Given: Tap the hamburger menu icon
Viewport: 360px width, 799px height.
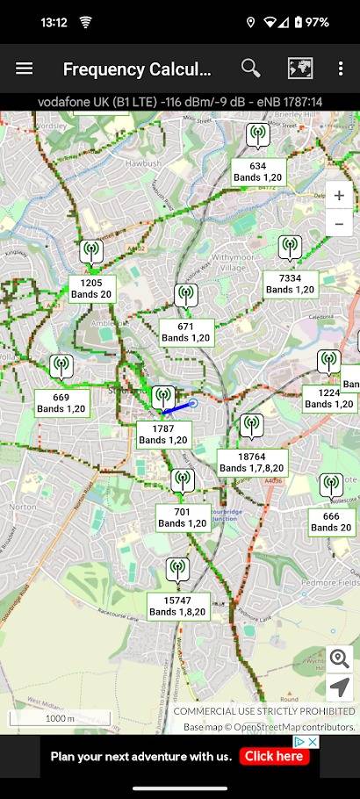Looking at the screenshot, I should [25, 68].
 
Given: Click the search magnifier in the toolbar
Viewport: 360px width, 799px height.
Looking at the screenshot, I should [251, 68].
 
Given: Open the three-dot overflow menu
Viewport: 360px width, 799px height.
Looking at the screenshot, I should [341, 68].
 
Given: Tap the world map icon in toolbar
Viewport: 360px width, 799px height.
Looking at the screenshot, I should [300, 68].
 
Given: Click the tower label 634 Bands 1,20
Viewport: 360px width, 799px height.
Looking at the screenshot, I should [258, 171].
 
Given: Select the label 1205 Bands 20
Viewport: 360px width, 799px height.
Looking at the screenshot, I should [91, 289].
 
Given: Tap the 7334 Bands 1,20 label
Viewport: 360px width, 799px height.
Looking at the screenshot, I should [291, 284].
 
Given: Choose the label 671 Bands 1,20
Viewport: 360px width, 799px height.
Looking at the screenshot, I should [186, 332].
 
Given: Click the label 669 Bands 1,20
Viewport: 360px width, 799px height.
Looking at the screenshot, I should [61, 403].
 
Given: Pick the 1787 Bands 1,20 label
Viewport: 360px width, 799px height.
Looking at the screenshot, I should [164, 435].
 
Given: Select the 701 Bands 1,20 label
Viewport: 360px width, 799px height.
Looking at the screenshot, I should [183, 517].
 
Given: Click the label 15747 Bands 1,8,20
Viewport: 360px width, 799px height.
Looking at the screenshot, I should [178, 606].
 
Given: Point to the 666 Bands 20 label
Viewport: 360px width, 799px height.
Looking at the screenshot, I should [332, 522].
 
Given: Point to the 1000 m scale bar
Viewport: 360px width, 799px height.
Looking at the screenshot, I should [60, 718].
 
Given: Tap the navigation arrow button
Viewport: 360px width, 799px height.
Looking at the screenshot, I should [340, 687].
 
